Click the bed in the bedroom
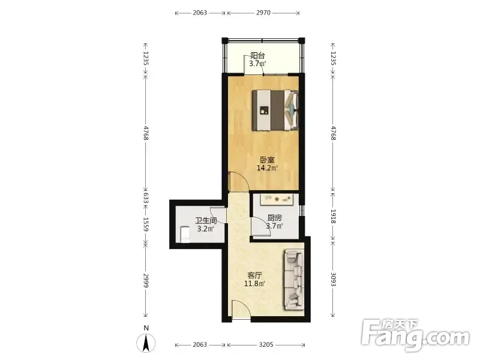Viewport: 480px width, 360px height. pyautogui.click(x=275, y=110)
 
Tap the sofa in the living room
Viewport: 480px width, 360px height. pyautogui.click(x=295, y=279)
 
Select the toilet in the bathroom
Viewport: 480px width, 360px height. pyautogui.click(x=185, y=234)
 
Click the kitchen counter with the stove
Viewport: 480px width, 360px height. pyautogui.click(x=277, y=200)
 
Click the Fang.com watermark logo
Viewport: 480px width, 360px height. pyautogui.click(x=415, y=335)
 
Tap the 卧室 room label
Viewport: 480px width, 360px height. pyautogui.click(x=267, y=160)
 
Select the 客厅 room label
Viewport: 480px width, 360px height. pyautogui.click(x=254, y=275)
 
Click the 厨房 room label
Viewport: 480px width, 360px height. pyautogui.click(x=274, y=218)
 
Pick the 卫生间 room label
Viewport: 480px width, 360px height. pyautogui.click(x=206, y=221)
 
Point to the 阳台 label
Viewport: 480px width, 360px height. pyautogui.click(x=257, y=56)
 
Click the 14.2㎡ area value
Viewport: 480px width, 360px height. pyautogui.click(x=267, y=168)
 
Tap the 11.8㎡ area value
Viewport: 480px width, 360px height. pyautogui.click(x=254, y=283)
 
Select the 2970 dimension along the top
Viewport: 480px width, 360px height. pyautogui.click(x=263, y=13)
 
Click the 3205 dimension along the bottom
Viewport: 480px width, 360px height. pyautogui.click(x=266, y=344)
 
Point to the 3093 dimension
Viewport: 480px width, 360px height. pyautogui.click(x=333, y=279)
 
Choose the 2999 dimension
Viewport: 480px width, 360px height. pyautogui.click(x=146, y=280)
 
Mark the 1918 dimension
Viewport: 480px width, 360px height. pyautogui.click(x=333, y=216)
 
